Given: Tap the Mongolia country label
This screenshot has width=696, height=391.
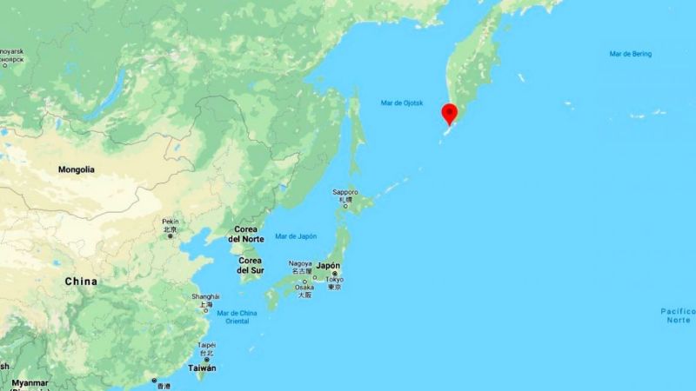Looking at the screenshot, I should (77, 169).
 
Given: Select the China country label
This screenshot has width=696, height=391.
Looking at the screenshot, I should (80, 282).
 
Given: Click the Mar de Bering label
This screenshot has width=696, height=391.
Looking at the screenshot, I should (631, 55).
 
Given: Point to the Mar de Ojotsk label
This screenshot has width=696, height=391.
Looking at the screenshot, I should (402, 103).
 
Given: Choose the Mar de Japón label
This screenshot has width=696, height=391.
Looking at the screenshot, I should (296, 236).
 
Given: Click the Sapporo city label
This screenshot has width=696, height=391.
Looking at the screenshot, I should (345, 192).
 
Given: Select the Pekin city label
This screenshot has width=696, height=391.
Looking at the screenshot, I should (170, 222).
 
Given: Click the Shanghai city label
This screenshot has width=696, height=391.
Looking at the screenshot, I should (205, 297).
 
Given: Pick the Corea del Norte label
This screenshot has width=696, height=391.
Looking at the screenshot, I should (246, 234).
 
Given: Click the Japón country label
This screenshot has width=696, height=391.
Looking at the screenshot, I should (328, 267).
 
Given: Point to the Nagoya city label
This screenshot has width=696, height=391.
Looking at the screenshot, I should (300, 263).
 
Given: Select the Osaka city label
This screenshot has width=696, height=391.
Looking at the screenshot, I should (304, 287).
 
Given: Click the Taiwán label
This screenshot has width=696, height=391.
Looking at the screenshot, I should (202, 368).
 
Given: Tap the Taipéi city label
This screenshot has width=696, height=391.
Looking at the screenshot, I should (204, 344).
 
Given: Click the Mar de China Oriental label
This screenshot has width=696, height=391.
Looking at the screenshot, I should (238, 316).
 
